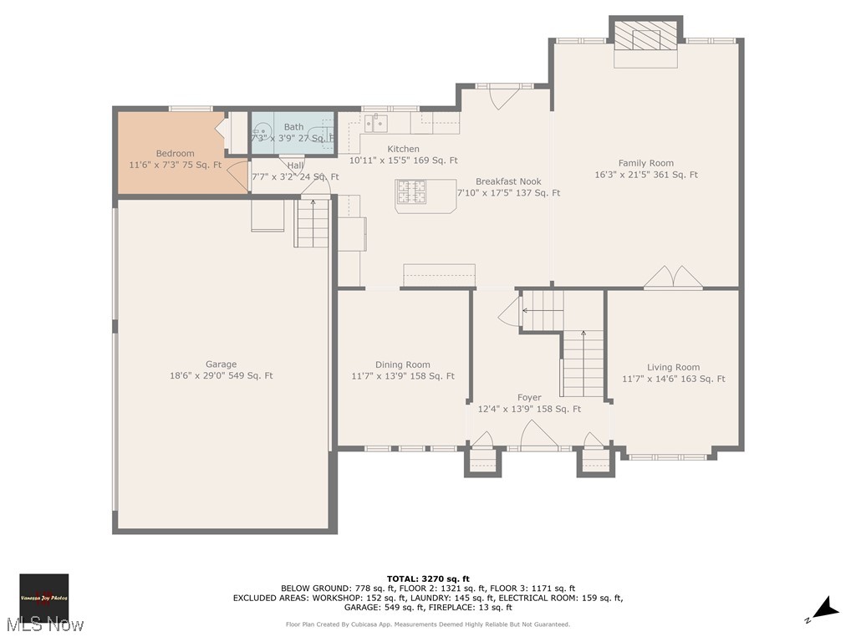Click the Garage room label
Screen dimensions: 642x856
[x=221, y=364]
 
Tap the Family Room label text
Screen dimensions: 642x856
[x=645, y=164]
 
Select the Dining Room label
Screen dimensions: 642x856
[x=402, y=365]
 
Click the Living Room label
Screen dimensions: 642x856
[x=673, y=368]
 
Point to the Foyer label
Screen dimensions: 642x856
[x=528, y=398]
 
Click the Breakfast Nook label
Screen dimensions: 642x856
[x=508, y=181]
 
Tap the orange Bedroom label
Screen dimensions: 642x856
[x=175, y=154]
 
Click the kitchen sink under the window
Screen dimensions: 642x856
[x=375, y=124]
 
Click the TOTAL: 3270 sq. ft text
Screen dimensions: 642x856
[x=428, y=578]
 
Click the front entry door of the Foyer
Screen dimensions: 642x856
[x=538, y=436]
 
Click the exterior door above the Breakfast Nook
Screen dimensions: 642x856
[x=504, y=97]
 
